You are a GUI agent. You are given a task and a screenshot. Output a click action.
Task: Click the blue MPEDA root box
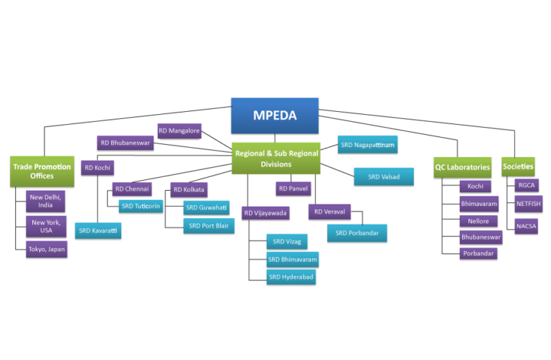tap(274, 115)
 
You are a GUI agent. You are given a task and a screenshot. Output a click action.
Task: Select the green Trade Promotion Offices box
tap(42, 171)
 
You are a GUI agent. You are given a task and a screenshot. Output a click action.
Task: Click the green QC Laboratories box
tap(462, 168)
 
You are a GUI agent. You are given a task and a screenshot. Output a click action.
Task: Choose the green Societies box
tap(518, 166)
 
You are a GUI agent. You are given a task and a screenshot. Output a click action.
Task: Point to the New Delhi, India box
tap(45, 201)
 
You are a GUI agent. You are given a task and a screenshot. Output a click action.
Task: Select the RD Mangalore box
tap(179, 131)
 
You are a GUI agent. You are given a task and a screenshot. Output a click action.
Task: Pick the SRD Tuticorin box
tap(141, 207)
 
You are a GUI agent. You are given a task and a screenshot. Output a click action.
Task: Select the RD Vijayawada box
tap(265, 213)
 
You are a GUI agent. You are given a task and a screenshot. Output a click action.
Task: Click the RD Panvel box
tap(293, 189)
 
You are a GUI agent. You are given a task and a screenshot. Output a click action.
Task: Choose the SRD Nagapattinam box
tap(367, 145)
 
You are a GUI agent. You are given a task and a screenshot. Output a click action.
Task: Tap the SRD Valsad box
tap(384, 177)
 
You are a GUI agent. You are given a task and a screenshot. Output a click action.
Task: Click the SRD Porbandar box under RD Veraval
tap(357, 233)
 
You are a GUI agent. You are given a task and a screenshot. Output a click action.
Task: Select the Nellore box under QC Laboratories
tap(479, 222)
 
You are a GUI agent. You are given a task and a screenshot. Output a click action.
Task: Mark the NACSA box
tap(527, 227)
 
